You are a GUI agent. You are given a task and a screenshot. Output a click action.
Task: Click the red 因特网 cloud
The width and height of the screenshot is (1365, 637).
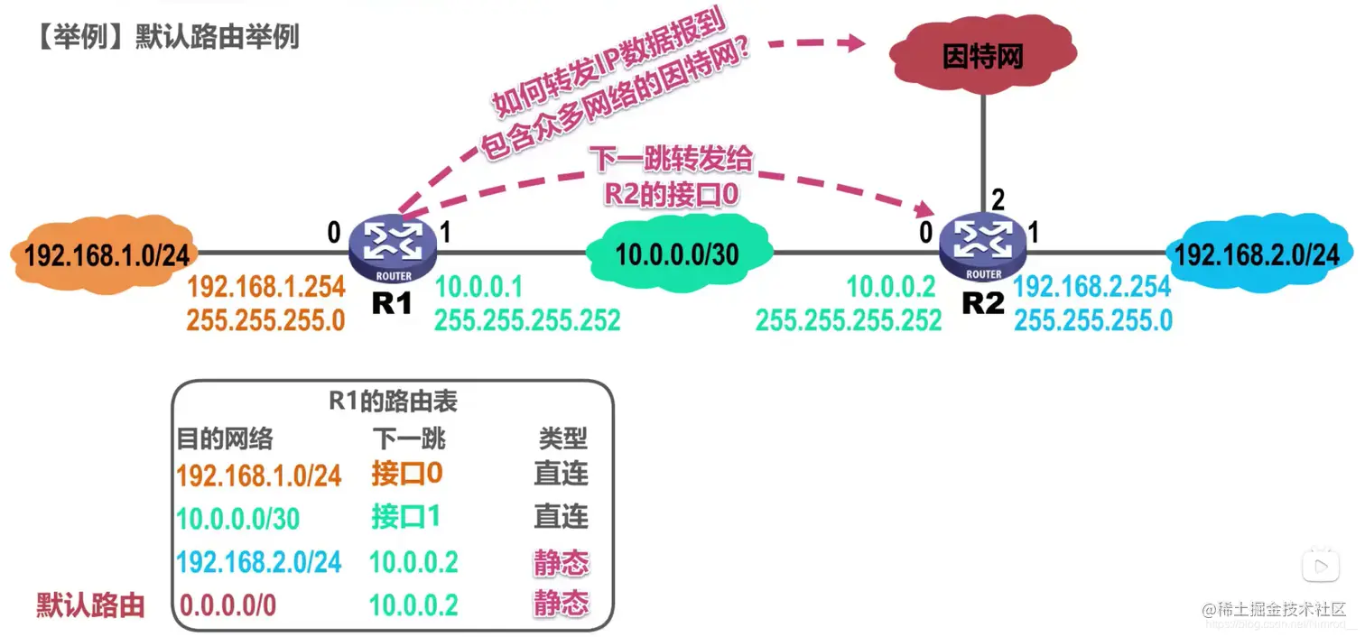click(982, 58)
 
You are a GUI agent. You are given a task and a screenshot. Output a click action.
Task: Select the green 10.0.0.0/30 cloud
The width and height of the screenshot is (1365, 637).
click(677, 254)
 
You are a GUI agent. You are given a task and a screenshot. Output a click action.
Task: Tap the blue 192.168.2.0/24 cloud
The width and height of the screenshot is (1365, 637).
click(1256, 254)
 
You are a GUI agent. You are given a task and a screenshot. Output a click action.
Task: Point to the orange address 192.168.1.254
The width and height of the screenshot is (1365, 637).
click(266, 288)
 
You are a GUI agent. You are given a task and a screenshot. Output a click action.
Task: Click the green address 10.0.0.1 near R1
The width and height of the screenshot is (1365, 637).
click(478, 288)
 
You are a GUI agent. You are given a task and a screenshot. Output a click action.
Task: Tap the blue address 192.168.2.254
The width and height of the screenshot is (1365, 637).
click(1092, 288)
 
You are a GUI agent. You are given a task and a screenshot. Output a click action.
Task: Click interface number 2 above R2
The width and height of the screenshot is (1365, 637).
click(998, 199)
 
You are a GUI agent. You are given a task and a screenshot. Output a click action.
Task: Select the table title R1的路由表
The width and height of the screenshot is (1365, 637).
click(393, 401)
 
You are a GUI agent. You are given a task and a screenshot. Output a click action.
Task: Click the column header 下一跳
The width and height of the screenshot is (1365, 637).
click(409, 439)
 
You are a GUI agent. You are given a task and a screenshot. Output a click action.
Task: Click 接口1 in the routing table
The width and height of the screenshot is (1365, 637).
click(405, 517)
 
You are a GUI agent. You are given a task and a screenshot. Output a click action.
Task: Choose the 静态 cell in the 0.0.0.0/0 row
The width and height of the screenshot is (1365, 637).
click(561, 604)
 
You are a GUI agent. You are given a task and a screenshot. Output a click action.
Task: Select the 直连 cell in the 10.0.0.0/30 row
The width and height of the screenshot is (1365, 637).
click(561, 517)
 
